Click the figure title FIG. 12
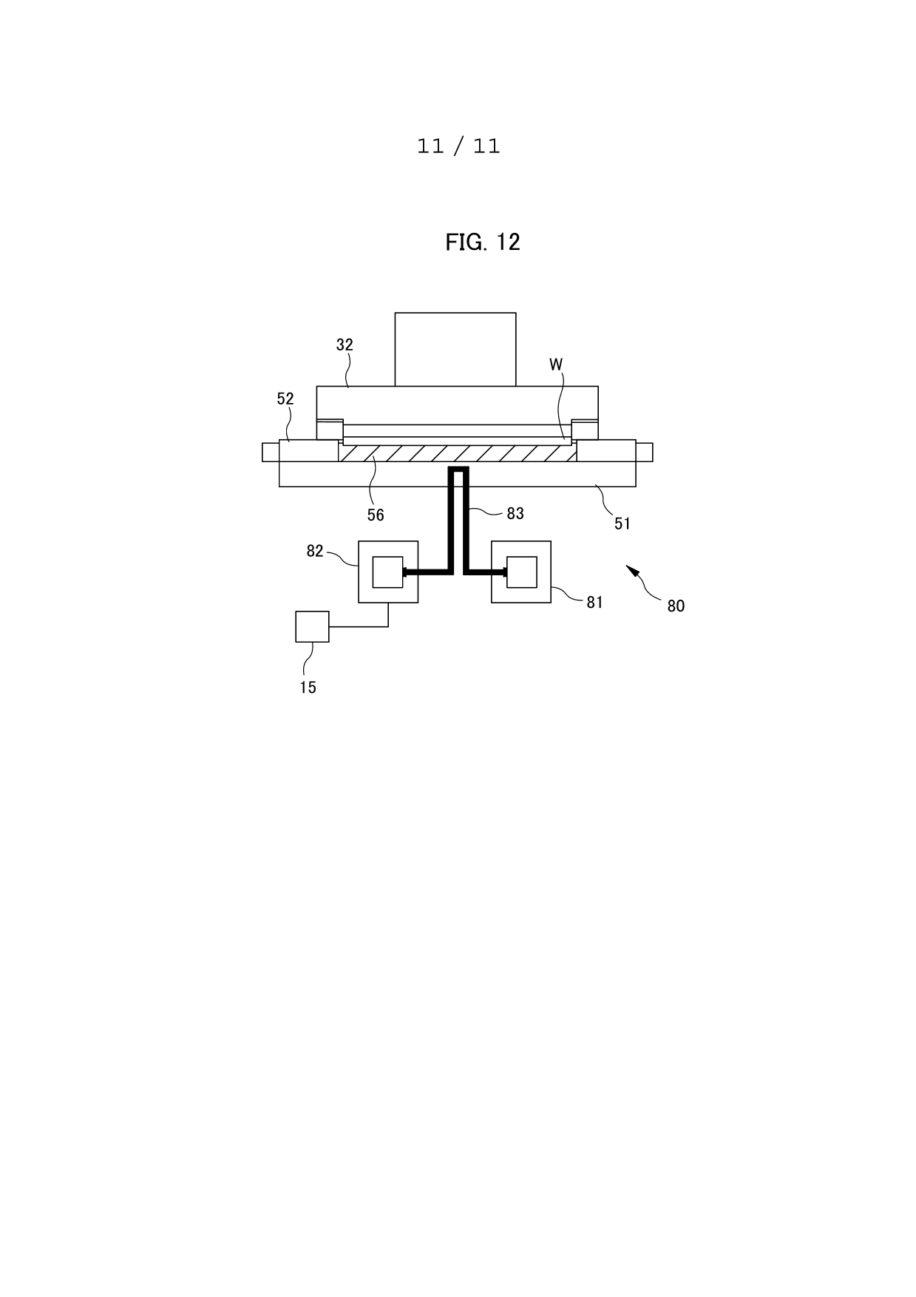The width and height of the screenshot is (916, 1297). click(483, 242)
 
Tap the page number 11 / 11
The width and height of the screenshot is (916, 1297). click(458, 146)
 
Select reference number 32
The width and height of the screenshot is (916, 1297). click(345, 345)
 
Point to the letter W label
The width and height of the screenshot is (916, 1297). click(556, 365)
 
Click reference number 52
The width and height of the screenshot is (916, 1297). click(285, 399)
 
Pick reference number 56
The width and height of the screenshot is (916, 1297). click(376, 515)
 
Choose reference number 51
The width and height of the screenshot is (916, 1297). click(622, 524)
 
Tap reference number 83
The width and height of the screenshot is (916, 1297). click(515, 513)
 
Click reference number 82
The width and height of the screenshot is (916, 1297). click(315, 551)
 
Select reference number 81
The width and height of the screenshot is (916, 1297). click(595, 602)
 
